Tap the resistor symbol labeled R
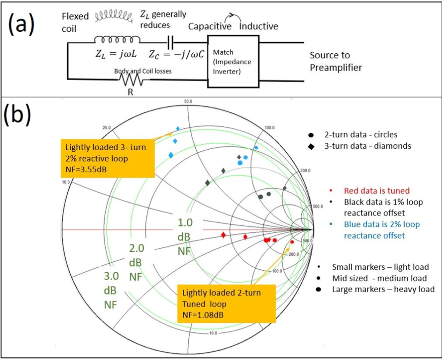point(131,81)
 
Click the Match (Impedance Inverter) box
point(233,61)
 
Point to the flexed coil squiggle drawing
point(114,16)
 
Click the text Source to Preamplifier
point(336,61)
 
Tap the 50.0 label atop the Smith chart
point(188,102)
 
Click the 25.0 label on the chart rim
point(106,128)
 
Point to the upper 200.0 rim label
point(305,171)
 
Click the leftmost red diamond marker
point(223,235)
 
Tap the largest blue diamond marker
point(171,155)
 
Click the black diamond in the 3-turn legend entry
point(311,147)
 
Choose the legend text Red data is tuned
point(376,191)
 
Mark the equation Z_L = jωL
point(116,54)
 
